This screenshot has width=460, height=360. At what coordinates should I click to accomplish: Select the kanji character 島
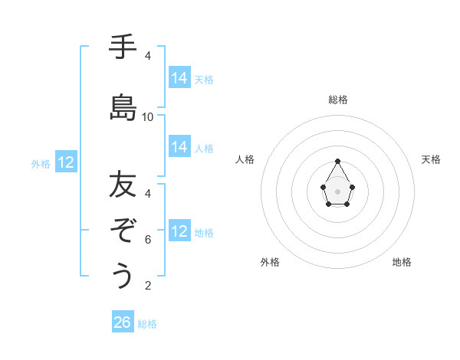(123, 108)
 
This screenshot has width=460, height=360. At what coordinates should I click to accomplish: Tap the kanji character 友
(123, 185)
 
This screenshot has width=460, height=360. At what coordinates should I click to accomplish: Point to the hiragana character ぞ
(123, 231)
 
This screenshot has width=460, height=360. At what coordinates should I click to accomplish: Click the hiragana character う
(123, 276)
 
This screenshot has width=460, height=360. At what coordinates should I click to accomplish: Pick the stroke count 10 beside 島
(148, 117)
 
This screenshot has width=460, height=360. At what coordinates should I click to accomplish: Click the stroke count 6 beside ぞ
(148, 240)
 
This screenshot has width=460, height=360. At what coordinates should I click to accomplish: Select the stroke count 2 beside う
(148, 286)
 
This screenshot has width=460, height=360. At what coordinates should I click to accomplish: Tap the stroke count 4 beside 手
(148, 56)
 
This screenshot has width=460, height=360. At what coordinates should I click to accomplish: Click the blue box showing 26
(123, 322)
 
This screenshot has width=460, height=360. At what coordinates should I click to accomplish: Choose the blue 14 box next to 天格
(179, 78)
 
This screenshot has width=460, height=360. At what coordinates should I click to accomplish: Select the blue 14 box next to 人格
(179, 147)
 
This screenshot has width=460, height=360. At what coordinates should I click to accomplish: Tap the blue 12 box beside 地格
(179, 231)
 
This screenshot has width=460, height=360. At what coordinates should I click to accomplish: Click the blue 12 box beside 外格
(66, 162)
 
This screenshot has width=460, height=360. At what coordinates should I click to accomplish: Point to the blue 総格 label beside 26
(147, 324)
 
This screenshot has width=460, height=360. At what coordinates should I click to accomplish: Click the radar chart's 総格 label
(338, 100)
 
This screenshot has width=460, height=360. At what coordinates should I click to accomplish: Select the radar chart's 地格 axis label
(402, 262)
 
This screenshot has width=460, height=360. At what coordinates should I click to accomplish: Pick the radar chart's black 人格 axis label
(245, 159)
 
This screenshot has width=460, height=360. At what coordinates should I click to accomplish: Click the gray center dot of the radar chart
(338, 191)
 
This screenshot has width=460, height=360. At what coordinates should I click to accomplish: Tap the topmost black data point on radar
(338, 161)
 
